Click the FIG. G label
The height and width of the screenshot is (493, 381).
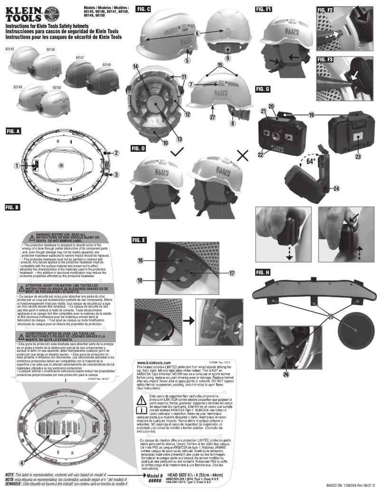[x=262, y=88]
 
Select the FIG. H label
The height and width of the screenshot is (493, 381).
[x=262, y=260]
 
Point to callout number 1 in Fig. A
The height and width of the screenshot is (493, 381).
[x=17, y=165]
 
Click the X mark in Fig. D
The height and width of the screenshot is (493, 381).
[x=243, y=155]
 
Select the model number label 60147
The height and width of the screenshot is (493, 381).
[x=80, y=57]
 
